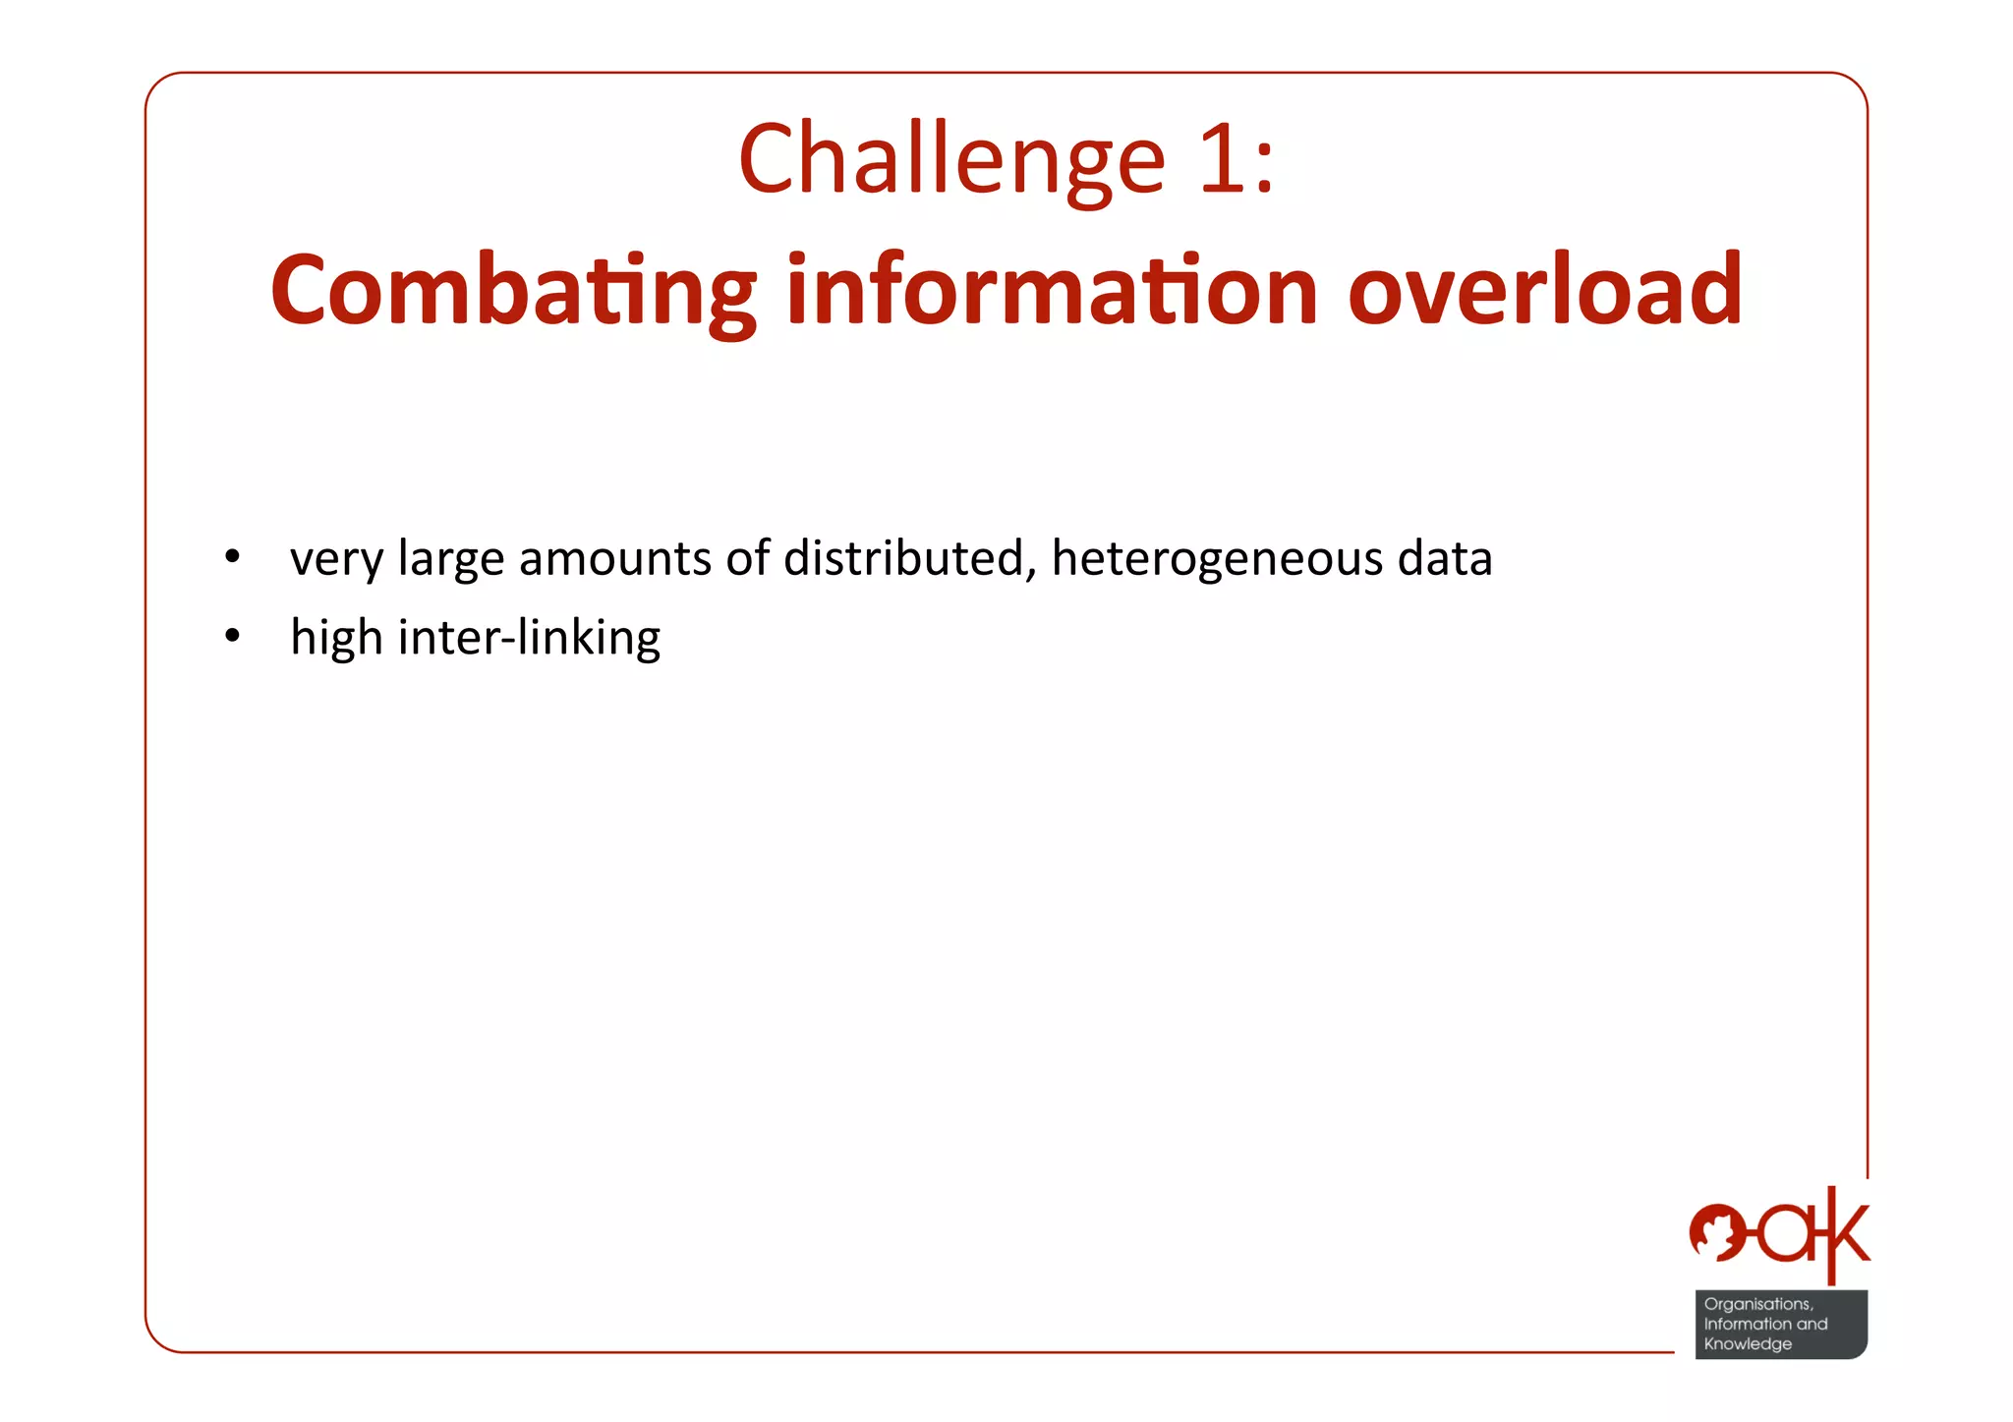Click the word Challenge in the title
point(951,160)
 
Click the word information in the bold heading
point(1052,290)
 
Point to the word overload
point(1544,290)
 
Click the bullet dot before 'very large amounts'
point(232,558)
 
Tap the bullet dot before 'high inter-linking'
point(232,638)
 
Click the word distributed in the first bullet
point(909,558)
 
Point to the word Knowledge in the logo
point(1747,1343)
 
